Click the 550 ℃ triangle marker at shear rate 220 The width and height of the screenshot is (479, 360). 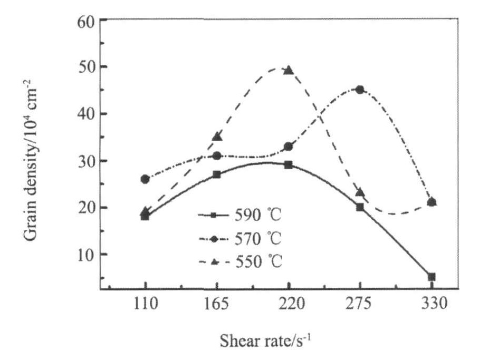(x=289, y=70)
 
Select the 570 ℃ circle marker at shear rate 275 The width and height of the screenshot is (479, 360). (x=360, y=90)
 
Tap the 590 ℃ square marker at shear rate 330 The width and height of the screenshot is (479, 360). (x=432, y=277)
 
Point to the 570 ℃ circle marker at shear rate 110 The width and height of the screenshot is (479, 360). (x=145, y=179)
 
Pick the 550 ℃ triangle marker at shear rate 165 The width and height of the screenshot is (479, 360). (x=217, y=137)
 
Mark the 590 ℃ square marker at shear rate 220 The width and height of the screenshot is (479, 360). (x=289, y=165)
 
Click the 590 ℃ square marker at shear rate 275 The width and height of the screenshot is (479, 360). (x=360, y=207)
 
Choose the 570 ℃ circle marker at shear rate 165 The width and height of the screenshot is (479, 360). (x=217, y=155)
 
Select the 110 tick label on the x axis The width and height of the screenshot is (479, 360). (x=145, y=304)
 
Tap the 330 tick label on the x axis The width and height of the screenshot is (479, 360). (x=432, y=304)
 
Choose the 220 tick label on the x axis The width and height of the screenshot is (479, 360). (x=289, y=304)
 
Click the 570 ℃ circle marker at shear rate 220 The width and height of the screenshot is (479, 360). (x=289, y=147)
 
